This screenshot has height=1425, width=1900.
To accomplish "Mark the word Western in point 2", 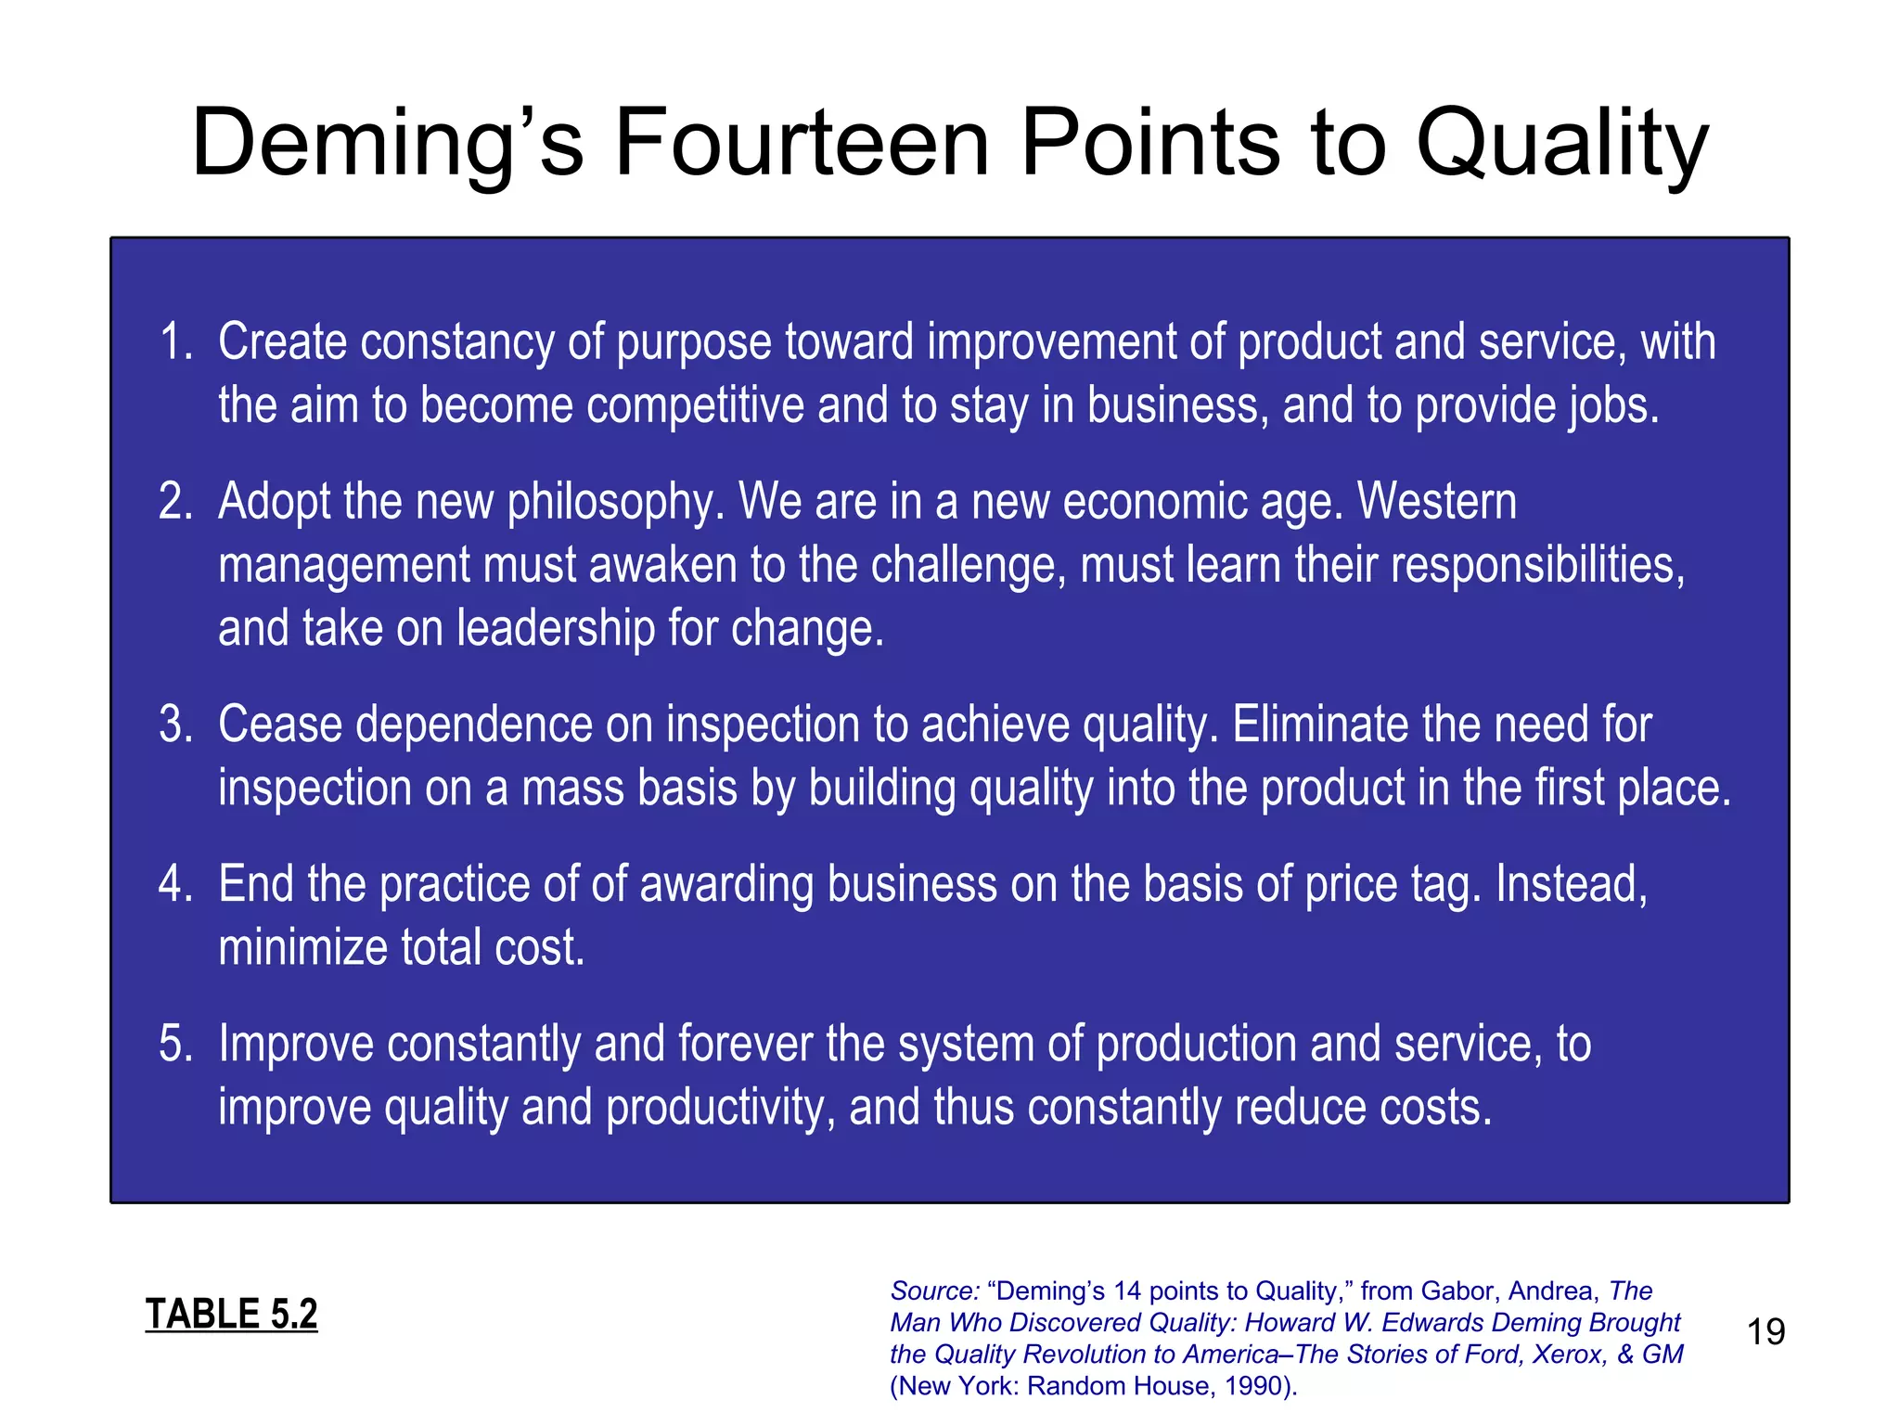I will tap(1437, 502).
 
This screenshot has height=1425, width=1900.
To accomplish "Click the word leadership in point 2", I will tap(556, 628).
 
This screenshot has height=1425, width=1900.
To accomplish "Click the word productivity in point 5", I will tap(715, 1107).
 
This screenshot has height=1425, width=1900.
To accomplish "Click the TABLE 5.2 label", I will tap(231, 1314).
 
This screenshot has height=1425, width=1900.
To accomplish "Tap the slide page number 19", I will tap(1765, 1332).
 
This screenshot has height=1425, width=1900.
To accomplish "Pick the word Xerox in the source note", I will tap(1569, 1354).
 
